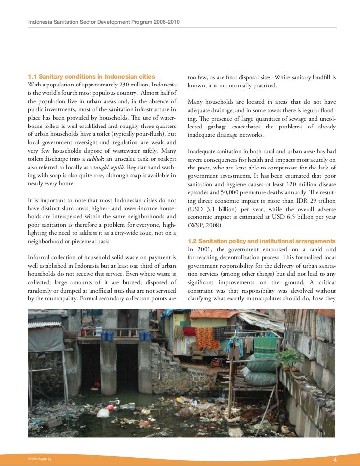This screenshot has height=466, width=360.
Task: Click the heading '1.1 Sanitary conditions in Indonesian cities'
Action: pos(91,77)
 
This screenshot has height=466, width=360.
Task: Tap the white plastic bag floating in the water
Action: pos(104,412)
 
